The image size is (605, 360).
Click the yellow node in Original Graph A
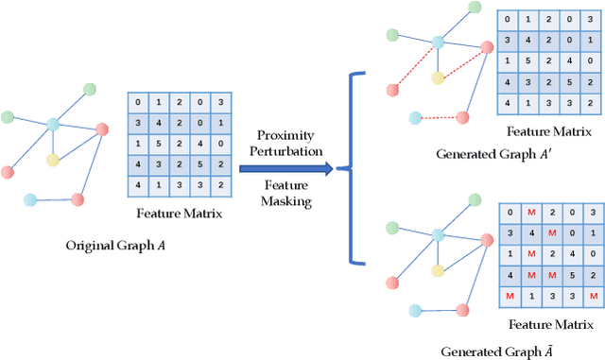point(54,160)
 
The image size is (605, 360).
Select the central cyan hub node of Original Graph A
point(53,125)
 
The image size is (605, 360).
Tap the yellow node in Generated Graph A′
point(438,77)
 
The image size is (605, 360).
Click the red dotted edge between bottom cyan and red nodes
point(438,117)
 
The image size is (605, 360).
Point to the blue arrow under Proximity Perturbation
point(285,169)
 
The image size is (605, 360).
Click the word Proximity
point(285,135)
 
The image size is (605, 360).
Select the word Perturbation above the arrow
point(285,151)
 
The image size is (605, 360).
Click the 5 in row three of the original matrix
point(159,144)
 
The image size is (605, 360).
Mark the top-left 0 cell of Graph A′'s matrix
point(510,20)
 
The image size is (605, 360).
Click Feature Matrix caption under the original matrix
point(180,214)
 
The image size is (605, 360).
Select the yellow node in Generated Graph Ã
point(438,270)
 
